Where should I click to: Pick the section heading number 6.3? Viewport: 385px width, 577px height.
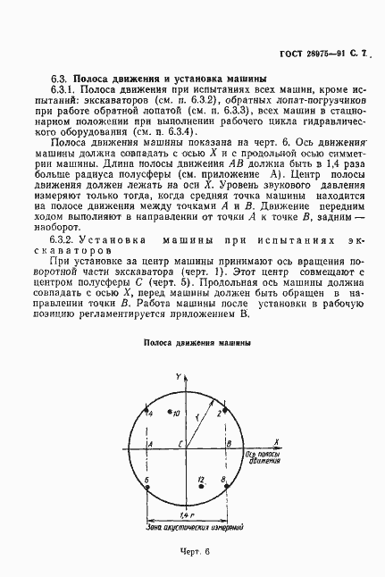point(59,78)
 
